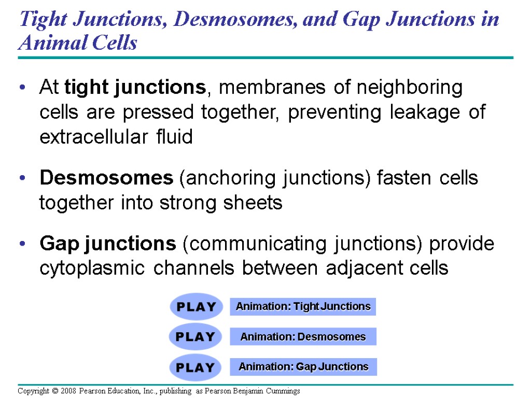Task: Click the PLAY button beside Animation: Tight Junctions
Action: (196, 307)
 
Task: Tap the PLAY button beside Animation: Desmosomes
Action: (195, 337)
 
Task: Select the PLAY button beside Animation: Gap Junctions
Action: (195, 367)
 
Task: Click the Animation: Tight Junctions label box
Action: (303, 307)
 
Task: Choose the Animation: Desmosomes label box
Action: (303, 337)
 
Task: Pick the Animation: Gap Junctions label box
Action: (303, 367)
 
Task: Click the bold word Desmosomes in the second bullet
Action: (106, 178)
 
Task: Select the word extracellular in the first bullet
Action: (93, 137)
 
